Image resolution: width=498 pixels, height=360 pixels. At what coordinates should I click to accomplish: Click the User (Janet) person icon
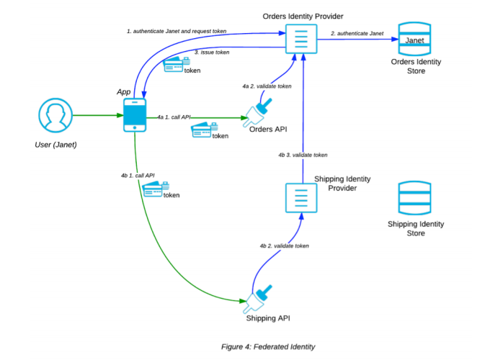56,117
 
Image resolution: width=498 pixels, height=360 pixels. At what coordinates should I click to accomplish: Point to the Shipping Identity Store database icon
414,198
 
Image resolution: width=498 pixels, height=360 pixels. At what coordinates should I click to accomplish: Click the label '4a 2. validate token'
266,86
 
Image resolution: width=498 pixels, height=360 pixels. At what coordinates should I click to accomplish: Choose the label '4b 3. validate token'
303,155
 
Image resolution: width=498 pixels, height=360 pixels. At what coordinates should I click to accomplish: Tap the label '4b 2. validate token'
284,246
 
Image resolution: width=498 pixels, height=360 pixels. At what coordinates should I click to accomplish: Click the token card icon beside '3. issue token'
174,65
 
